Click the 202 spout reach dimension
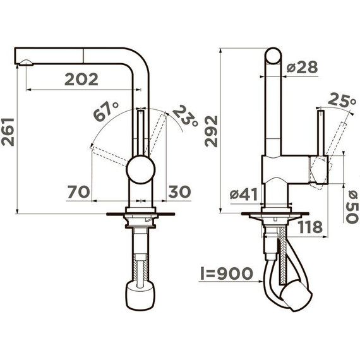(x=81, y=80)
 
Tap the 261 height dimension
(x=8, y=132)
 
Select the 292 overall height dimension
(x=211, y=131)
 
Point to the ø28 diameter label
(x=303, y=67)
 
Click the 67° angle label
(x=106, y=111)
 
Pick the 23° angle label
(x=186, y=116)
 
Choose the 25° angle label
(x=342, y=100)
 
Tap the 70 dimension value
(x=78, y=192)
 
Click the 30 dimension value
(x=179, y=192)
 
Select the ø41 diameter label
(x=244, y=195)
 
